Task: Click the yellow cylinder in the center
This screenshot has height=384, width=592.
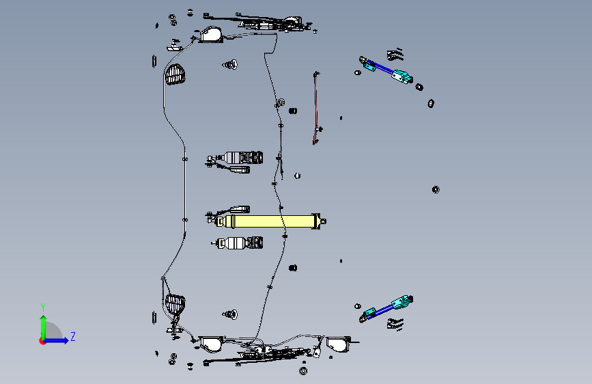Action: pos(270,221)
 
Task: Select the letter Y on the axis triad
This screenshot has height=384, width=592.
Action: pos(43,307)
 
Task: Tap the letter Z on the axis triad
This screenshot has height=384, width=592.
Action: pos(73,336)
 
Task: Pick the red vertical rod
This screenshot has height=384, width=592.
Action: pos(316,108)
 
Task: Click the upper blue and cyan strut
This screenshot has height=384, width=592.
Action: pos(386,70)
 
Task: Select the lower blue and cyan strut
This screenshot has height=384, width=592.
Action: pos(386,309)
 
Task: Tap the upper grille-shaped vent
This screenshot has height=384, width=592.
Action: pos(174,74)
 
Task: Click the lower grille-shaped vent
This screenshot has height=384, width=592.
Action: pos(175,304)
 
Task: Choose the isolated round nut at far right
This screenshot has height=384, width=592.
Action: pos(436,189)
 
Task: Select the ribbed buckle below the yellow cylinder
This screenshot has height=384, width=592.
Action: pos(238,243)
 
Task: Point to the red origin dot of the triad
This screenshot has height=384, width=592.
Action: pos(42,341)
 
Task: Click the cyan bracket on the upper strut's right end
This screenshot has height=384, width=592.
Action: pos(402,76)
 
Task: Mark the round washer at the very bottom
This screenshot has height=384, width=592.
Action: pos(303,371)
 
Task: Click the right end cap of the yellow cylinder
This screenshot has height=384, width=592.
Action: pos(319,221)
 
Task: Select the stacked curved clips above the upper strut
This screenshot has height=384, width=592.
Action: pos(395,54)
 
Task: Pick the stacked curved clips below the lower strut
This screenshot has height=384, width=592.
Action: pos(395,324)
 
